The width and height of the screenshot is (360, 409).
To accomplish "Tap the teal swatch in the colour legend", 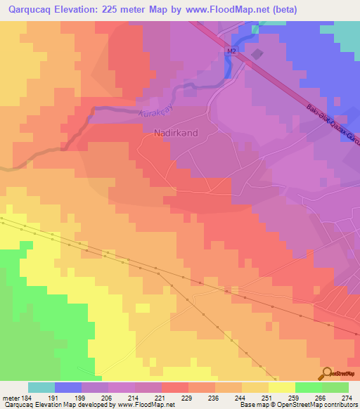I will click(x=41, y=387).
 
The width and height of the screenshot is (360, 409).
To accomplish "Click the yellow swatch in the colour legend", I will click(x=281, y=387).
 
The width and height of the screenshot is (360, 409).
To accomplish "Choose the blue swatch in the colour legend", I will click(x=67, y=387).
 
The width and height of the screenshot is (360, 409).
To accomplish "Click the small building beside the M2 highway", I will click(x=257, y=54).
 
